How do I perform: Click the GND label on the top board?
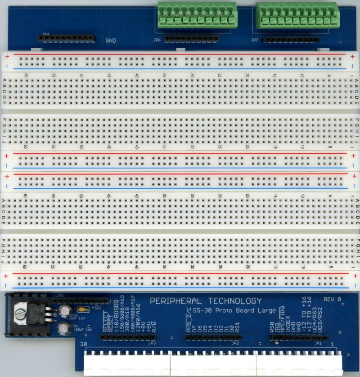[111, 41]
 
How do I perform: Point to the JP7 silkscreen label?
[255, 40]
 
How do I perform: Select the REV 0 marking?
[333, 299]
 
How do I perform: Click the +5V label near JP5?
[96, 308]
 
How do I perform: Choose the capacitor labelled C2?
[66, 310]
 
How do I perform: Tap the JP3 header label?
[152, 343]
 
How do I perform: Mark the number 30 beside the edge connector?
[84, 345]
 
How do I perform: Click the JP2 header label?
[234, 343]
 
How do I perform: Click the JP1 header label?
[318, 343]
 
